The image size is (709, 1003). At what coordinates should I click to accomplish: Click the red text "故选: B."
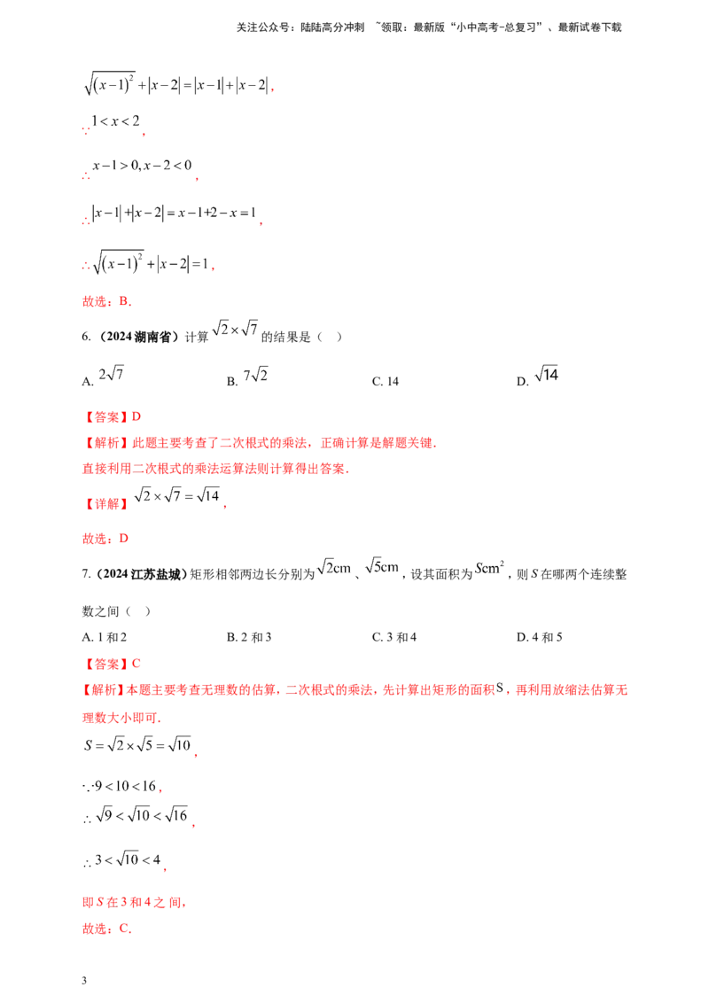click(x=105, y=302)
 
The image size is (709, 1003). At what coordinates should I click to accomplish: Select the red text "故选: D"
click(x=105, y=538)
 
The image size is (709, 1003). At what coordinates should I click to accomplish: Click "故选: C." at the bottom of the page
click(x=105, y=929)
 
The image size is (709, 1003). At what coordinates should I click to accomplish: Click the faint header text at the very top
click(x=429, y=28)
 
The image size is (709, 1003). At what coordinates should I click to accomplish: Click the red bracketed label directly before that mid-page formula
click(x=105, y=504)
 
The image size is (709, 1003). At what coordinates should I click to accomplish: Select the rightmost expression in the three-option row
click(x=549, y=376)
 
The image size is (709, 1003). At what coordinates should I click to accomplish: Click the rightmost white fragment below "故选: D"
click(x=487, y=567)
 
